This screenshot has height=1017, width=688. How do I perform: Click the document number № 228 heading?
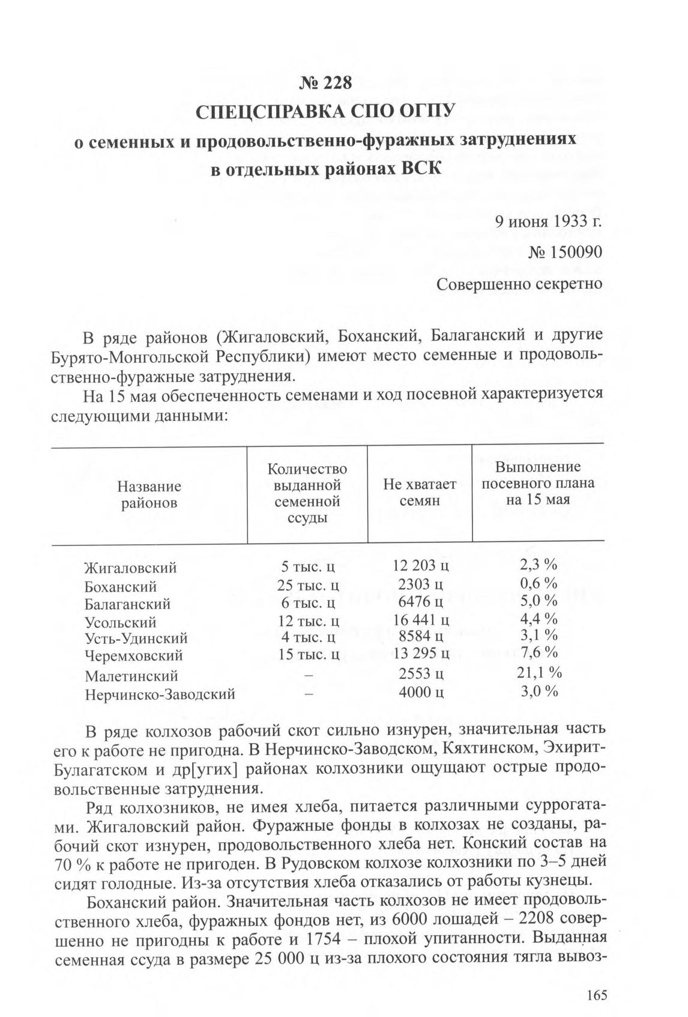(325, 83)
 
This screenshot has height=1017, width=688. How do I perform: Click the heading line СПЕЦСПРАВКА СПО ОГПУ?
(325, 112)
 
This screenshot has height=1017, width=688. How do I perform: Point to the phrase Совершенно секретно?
(519, 283)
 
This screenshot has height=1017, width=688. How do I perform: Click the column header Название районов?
(149, 494)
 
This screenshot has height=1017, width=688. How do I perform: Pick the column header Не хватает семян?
(420, 491)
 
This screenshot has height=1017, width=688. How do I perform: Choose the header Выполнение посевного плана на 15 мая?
(538, 483)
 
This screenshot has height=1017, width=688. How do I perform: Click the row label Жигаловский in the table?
(130, 567)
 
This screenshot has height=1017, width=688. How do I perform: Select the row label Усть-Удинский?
(136, 637)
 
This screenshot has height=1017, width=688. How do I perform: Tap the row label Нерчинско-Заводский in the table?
(160, 694)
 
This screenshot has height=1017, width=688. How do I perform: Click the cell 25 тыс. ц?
(309, 584)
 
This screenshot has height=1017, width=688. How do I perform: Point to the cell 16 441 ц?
(421, 619)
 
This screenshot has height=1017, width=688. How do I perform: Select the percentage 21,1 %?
(539, 672)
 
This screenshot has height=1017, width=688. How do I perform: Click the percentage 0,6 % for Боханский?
(539, 583)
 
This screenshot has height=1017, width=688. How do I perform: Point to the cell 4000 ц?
(421, 692)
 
